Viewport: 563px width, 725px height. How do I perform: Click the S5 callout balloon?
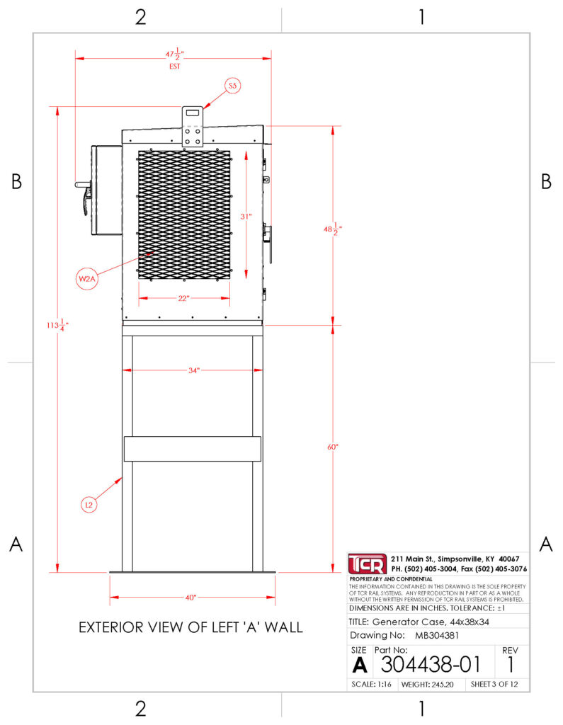(233, 86)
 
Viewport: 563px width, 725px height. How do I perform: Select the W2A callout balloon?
(87, 279)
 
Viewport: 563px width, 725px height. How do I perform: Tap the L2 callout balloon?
(89, 504)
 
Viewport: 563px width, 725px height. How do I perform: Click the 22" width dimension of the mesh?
(183, 298)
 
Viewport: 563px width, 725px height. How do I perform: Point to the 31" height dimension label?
(246, 216)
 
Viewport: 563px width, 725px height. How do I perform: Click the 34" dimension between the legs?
(194, 370)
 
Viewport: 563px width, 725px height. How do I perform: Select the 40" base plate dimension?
(190, 598)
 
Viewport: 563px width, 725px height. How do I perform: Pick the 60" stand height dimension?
(333, 447)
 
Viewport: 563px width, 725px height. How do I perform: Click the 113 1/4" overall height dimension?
(57, 325)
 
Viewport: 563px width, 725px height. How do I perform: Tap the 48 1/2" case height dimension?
(333, 229)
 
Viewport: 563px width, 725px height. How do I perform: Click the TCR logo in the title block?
(368, 564)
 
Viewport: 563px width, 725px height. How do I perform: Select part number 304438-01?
(431, 665)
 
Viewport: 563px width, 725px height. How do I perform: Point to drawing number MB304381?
(437, 635)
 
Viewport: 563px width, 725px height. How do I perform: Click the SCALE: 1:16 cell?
(372, 685)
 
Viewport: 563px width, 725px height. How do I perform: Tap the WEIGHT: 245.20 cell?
(428, 685)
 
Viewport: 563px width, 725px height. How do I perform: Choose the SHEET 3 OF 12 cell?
(494, 685)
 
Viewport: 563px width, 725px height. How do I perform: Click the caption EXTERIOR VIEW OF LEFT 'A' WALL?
(190, 627)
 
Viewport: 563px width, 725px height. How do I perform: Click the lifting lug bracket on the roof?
(193, 127)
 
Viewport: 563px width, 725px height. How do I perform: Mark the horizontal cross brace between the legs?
(193, 449)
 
